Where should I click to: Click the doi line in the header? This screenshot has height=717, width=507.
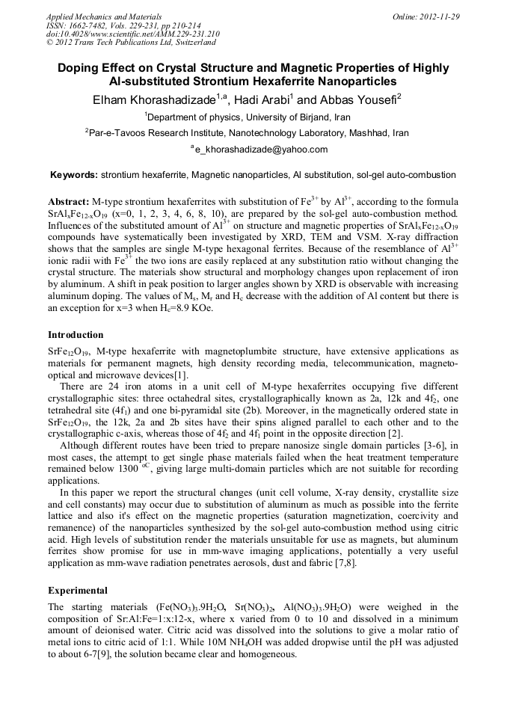tap(123, 34)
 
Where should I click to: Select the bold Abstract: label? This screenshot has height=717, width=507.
tap(68, 203)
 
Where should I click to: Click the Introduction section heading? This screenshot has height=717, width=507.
tap(76, 334)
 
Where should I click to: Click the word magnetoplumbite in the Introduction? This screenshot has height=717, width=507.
tap(273, 351)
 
